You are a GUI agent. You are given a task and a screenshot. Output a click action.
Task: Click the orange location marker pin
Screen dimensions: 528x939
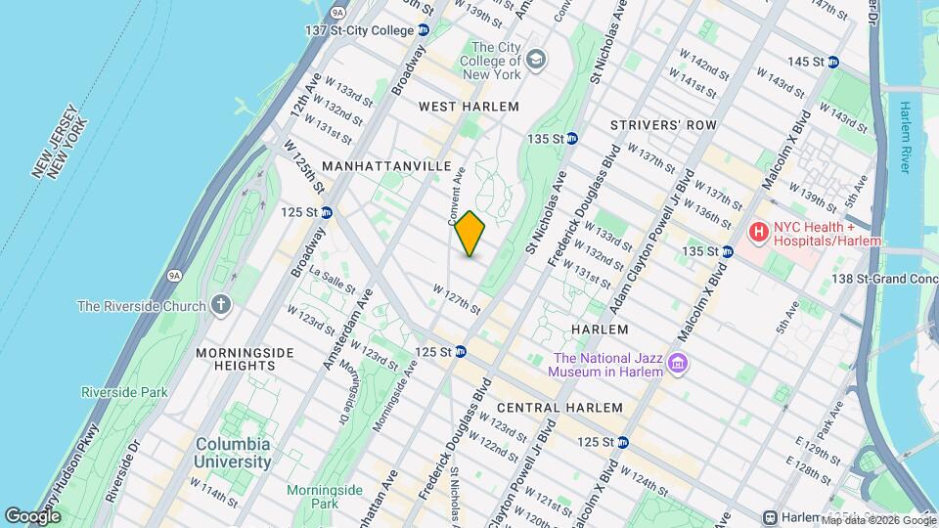470,234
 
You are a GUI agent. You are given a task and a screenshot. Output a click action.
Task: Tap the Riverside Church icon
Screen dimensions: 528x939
221,305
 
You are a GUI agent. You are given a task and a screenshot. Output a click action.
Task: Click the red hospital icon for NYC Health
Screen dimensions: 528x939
757,233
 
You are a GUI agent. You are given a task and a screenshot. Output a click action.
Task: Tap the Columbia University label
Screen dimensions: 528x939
232,453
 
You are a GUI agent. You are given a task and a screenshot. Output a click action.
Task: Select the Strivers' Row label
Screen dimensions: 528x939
663,125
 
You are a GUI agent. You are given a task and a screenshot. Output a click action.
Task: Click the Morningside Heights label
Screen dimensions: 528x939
235,359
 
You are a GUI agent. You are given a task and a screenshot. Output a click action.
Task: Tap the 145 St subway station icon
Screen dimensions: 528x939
832,62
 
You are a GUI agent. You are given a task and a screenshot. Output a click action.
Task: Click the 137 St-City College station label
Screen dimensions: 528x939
360,30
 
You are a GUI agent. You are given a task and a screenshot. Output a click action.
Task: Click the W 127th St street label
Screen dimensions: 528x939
457,297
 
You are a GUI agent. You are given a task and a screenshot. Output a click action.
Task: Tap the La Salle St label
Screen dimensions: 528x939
336,284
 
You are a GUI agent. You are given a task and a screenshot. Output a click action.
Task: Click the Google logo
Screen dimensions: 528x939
32,515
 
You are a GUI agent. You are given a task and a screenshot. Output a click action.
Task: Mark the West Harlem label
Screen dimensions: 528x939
469,106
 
